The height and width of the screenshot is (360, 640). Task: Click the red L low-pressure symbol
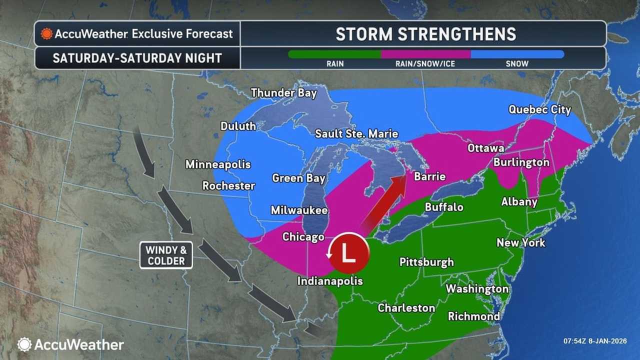click(348, 253)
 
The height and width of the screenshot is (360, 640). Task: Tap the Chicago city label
click(303, 236)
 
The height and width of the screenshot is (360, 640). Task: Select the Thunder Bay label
click(284, 93)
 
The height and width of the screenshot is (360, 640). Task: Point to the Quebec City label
click(539, 109)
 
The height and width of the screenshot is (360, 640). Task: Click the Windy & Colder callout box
click(165, 255)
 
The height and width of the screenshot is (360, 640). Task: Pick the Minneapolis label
click(218, 164)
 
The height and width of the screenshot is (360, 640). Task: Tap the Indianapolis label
click(330, 281)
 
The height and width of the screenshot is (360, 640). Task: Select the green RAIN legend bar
click(334, 54)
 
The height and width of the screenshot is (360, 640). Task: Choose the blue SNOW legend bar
click(517, 54)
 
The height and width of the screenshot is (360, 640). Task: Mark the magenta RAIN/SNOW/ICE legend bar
click(425, 54)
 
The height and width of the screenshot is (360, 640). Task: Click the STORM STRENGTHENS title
click(425, 33)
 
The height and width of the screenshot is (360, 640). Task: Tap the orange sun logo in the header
click(46, 33)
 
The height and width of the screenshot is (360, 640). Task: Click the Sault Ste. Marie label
click(356, 134)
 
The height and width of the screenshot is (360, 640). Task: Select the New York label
click(520, 243)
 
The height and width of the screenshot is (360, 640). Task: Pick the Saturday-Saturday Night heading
click(137, 58)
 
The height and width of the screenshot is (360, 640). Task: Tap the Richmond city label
click(473, 316)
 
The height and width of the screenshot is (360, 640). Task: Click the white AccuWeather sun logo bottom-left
click(24, 344)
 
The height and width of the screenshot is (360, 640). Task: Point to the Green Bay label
click(298, 178)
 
